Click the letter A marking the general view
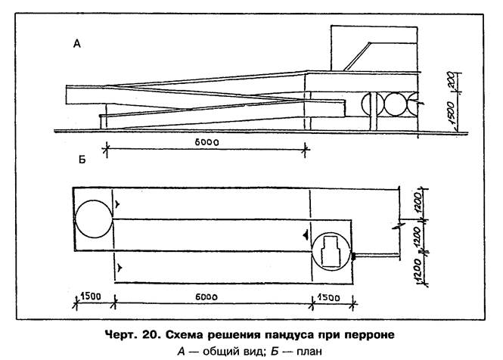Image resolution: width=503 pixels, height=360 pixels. pyautogui.click(x=77, y=44)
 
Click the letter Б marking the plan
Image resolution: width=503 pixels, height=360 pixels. pyautogui.click(x=82, y=160)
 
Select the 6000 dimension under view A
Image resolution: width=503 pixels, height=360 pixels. pyautogui.click(x=207, y=142)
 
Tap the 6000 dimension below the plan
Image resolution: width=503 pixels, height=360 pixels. pyautogui.click(x=206, y=297)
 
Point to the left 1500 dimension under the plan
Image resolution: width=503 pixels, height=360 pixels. pyautogui.click(x=91, y=296)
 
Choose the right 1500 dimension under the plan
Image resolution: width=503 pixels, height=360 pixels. pyautogui.click(x=329, y=298)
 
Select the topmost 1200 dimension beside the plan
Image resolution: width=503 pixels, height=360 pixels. pyautogui.click(x=418, y=202)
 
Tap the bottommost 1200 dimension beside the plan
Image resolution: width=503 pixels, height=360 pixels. pyautogui.click(x=418, y=270)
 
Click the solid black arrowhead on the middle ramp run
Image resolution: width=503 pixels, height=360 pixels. pyautogui.click(x=306, y=235)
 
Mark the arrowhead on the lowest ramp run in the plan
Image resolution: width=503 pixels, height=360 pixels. pyautogui.click(x=120, y=267)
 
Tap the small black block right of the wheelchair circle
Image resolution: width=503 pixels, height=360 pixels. pyautogui.click(x=353, y=256)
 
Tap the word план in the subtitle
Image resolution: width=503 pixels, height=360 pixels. pyautogui.click(x=309, y=352)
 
